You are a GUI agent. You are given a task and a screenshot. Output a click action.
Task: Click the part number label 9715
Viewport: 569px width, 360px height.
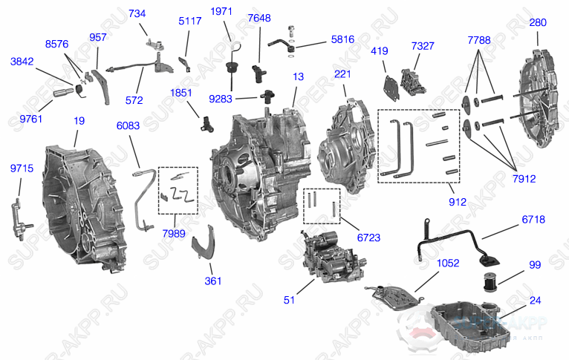(x=22, y=169)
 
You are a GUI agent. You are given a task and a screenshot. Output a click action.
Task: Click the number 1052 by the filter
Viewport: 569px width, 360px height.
(x=427, y=264)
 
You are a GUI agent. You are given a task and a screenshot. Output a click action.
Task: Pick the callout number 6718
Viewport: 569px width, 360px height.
(x=533, y=220)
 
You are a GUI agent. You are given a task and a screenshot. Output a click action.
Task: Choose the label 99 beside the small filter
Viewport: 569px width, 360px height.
(x=534, y=265)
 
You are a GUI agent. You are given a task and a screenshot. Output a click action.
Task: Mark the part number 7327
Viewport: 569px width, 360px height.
(x=423, y=46)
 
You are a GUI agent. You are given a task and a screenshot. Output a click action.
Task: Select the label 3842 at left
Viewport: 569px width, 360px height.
(x=22, y=63)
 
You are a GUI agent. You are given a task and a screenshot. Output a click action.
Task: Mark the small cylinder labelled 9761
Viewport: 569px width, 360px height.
(x=62, y=94)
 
